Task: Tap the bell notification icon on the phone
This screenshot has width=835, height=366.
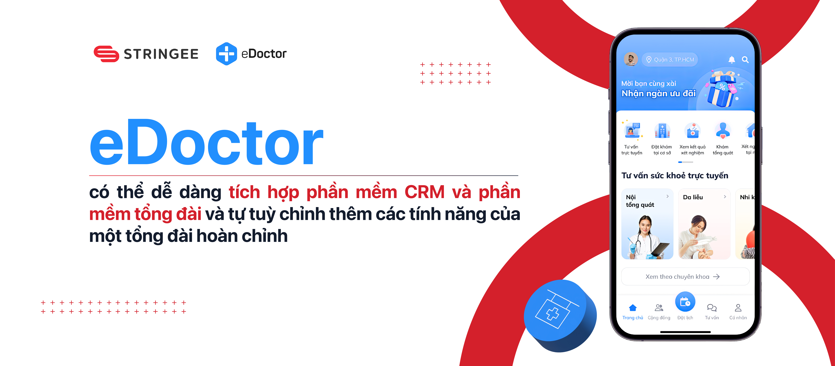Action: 732,60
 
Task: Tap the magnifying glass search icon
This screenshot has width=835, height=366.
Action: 745,60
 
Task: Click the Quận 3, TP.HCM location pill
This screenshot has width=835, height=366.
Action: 670,60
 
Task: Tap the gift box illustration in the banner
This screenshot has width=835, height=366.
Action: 723,89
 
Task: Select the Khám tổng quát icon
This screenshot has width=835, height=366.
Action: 723,131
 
